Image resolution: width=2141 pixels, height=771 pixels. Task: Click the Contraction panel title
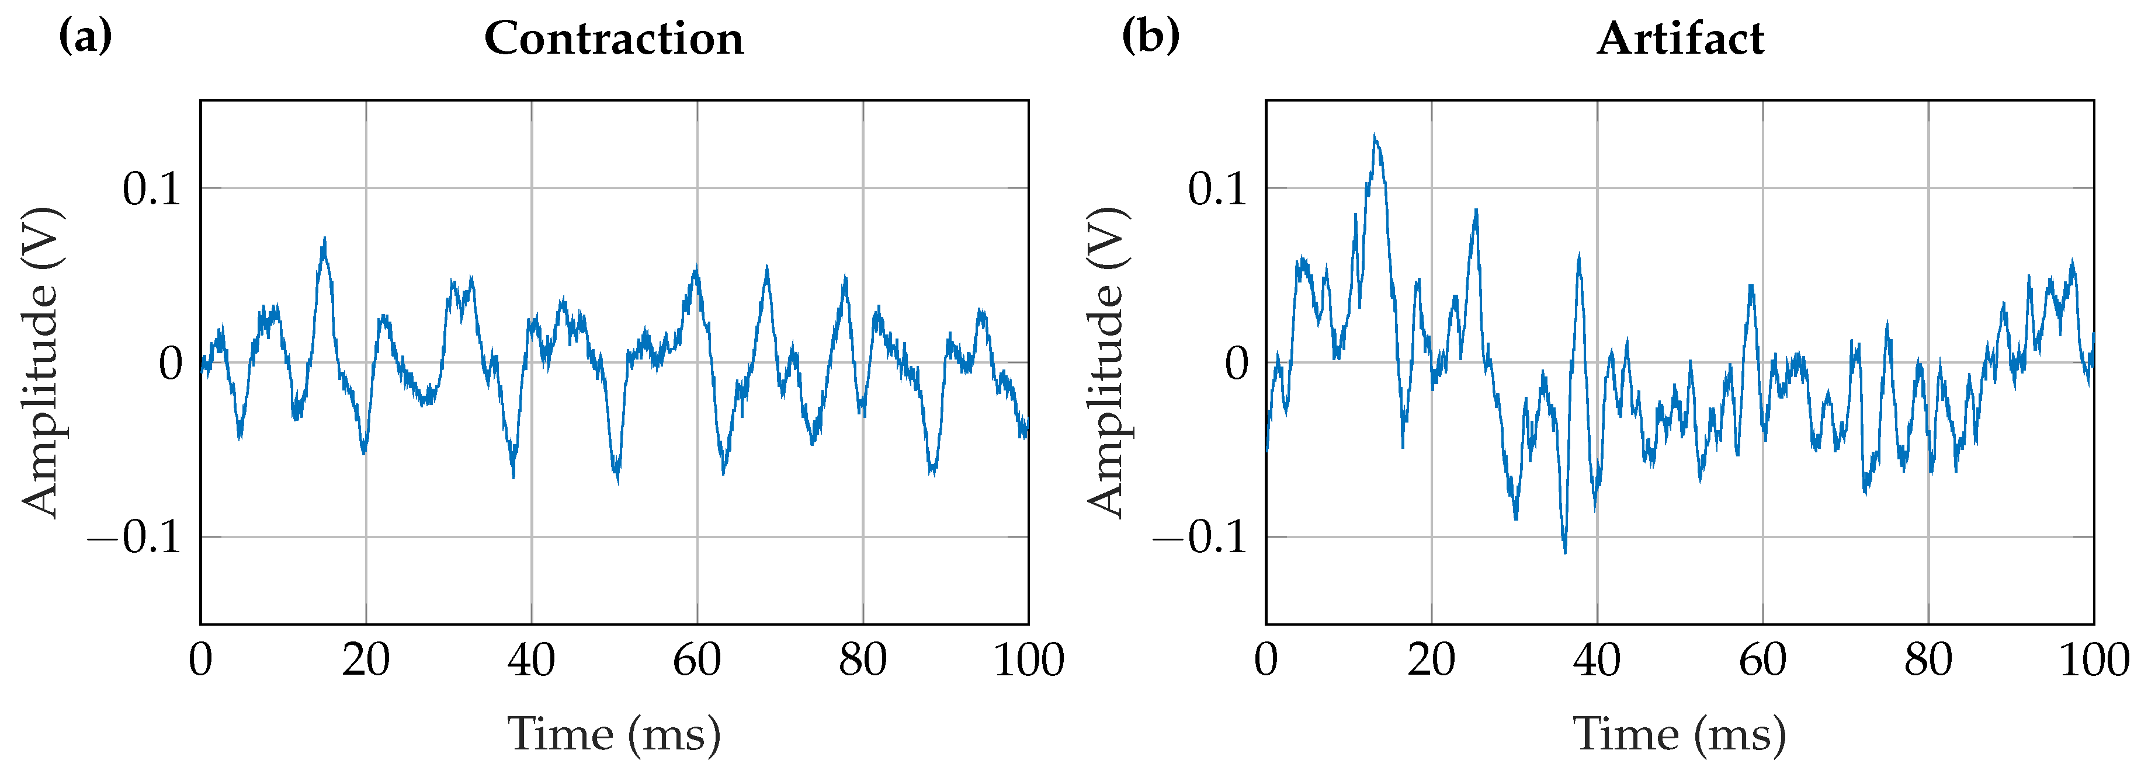(x=613, y=39)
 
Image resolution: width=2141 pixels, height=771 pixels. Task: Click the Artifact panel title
(x=1680, y=39)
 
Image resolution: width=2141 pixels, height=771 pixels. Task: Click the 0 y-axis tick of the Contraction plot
(x=171, y=363)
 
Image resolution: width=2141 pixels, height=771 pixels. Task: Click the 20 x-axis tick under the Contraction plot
(x=366, y=661)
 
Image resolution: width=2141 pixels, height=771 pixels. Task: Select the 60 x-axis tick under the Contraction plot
(x=696, y=661)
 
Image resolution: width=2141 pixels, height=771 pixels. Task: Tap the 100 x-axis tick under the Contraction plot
(x=1029, y=661)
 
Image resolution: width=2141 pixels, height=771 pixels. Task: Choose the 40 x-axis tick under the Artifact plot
(x=1597, y=661)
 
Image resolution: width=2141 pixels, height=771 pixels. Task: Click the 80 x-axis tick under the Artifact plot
(x=1928, y=661)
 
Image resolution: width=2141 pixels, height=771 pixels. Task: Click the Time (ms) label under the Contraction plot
(x=614, y=734)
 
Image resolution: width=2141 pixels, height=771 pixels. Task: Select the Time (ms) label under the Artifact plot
(x=1680, y=734)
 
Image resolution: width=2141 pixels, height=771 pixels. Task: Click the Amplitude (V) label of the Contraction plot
(x=41, y=362)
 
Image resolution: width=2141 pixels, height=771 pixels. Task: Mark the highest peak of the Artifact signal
(x=1375, y=135)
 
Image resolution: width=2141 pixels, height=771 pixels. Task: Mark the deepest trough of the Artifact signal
(x=1565, y=552)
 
